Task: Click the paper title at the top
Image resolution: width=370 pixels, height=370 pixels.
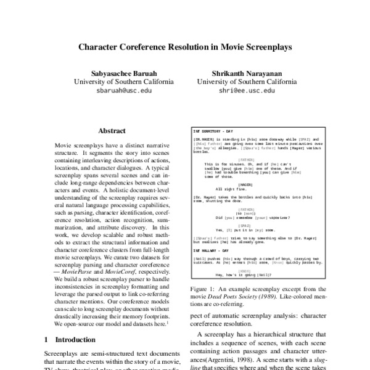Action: point(184,46)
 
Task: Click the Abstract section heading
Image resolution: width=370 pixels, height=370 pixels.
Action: point(112,131)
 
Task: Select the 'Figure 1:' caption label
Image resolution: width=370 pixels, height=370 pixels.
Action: point(201,289)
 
